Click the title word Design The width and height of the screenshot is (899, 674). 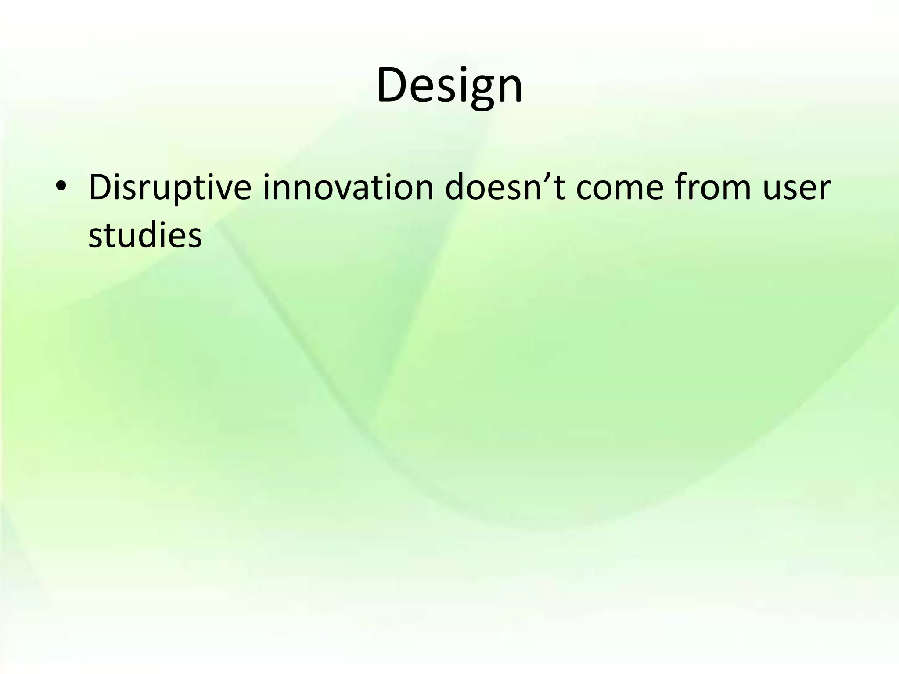point(449,86)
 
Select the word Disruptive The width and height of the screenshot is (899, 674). point(169,188)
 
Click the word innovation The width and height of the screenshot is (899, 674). point(348,188)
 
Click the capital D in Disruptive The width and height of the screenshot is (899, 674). point(100,187)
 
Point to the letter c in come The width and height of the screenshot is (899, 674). point(584,190)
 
